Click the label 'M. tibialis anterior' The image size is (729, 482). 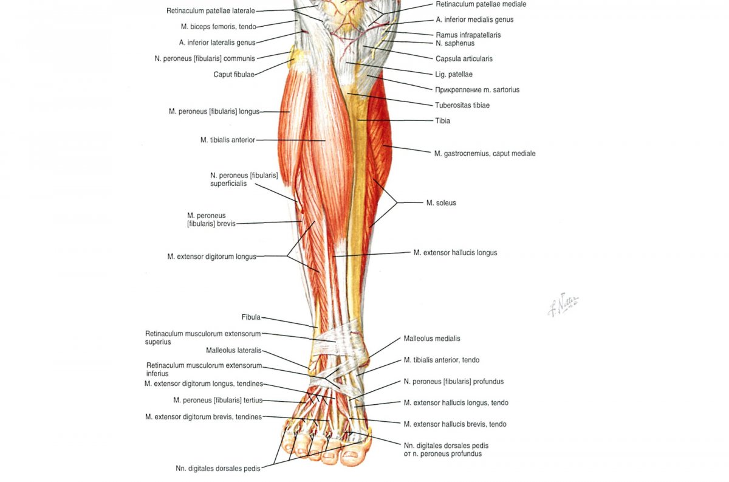click(x=227, y=140)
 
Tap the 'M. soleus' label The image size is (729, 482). click(x=441, y=203)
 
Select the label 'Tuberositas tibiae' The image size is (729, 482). click(x=462, y=105)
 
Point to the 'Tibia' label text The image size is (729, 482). click(x=443, y=121)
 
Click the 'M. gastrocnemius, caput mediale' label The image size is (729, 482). click(x=485, y=153)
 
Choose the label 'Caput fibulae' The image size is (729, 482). click(x=234, y=75)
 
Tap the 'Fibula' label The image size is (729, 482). click(x=251, y=317)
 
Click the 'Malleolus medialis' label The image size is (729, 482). click(x=432, y=339)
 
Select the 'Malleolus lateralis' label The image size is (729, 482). click(x=234, y=351)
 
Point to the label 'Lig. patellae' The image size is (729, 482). click(x=454, y=74)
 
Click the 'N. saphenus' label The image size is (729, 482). click(x=455, y=43)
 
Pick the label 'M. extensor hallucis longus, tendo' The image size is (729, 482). click(x=456, y=403)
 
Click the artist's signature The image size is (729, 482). click(x=563, y=305)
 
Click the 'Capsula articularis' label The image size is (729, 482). click(x=464, y=59)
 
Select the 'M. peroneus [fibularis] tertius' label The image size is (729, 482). click(x=217, y=401)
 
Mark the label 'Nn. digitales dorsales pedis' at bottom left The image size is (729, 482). click(x=218, y=469)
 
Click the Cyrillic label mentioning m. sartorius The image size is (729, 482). click(x=477, y=90)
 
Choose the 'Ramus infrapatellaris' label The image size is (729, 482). click(x=468, y=35)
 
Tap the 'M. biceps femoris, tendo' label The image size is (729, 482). click(x=218, y=27)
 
